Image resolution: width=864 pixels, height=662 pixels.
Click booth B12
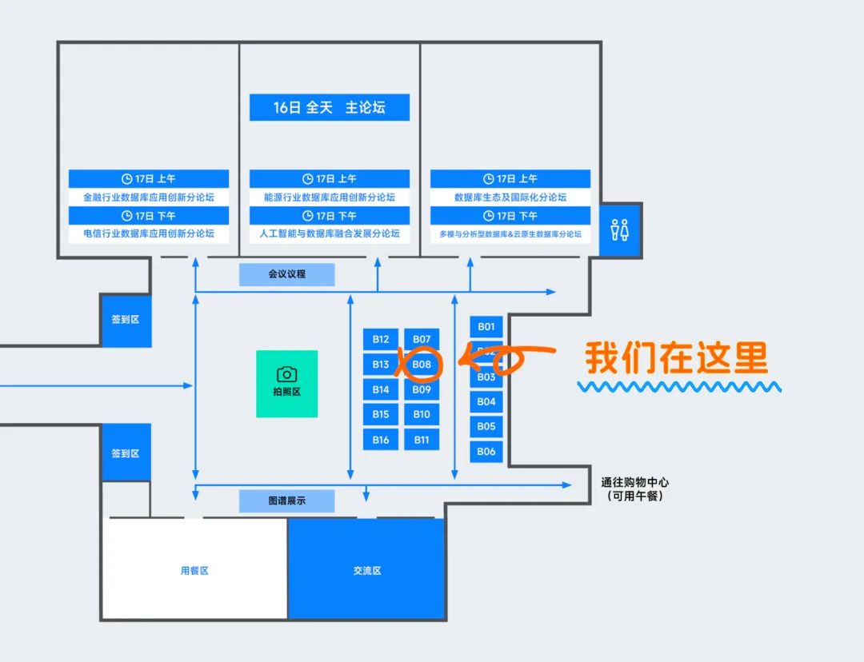coord(380,339)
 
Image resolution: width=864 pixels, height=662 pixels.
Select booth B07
coord(422,339)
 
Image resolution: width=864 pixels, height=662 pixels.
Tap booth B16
coord(380,440)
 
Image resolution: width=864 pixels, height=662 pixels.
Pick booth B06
coord(486,451)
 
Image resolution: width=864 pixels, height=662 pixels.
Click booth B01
coord(486,326)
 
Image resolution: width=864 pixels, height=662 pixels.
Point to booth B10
coord(422,414)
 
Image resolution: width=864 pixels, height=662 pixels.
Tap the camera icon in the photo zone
coord(286,374)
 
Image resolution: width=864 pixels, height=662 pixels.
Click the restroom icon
coord(619,230)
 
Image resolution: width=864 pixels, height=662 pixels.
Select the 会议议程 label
coord(286,274)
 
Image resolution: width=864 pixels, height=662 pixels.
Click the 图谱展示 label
coord(286,501)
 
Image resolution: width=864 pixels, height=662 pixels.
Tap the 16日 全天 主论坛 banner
coord(329,107)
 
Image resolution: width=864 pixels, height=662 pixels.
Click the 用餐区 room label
coord(194,571)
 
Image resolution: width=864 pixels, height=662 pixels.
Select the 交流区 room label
coord(366,571)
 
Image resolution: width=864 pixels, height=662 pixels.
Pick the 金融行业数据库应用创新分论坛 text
coord(149,197)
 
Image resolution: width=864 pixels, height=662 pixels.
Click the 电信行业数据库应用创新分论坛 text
coord(149,234)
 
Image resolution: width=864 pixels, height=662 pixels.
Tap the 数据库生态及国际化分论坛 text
coord(510,197)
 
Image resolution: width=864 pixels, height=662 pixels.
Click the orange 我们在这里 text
coord(676,359)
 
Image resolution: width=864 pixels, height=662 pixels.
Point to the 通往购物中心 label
coord(634,483)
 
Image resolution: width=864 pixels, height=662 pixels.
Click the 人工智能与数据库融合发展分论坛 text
coord(330,234)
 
